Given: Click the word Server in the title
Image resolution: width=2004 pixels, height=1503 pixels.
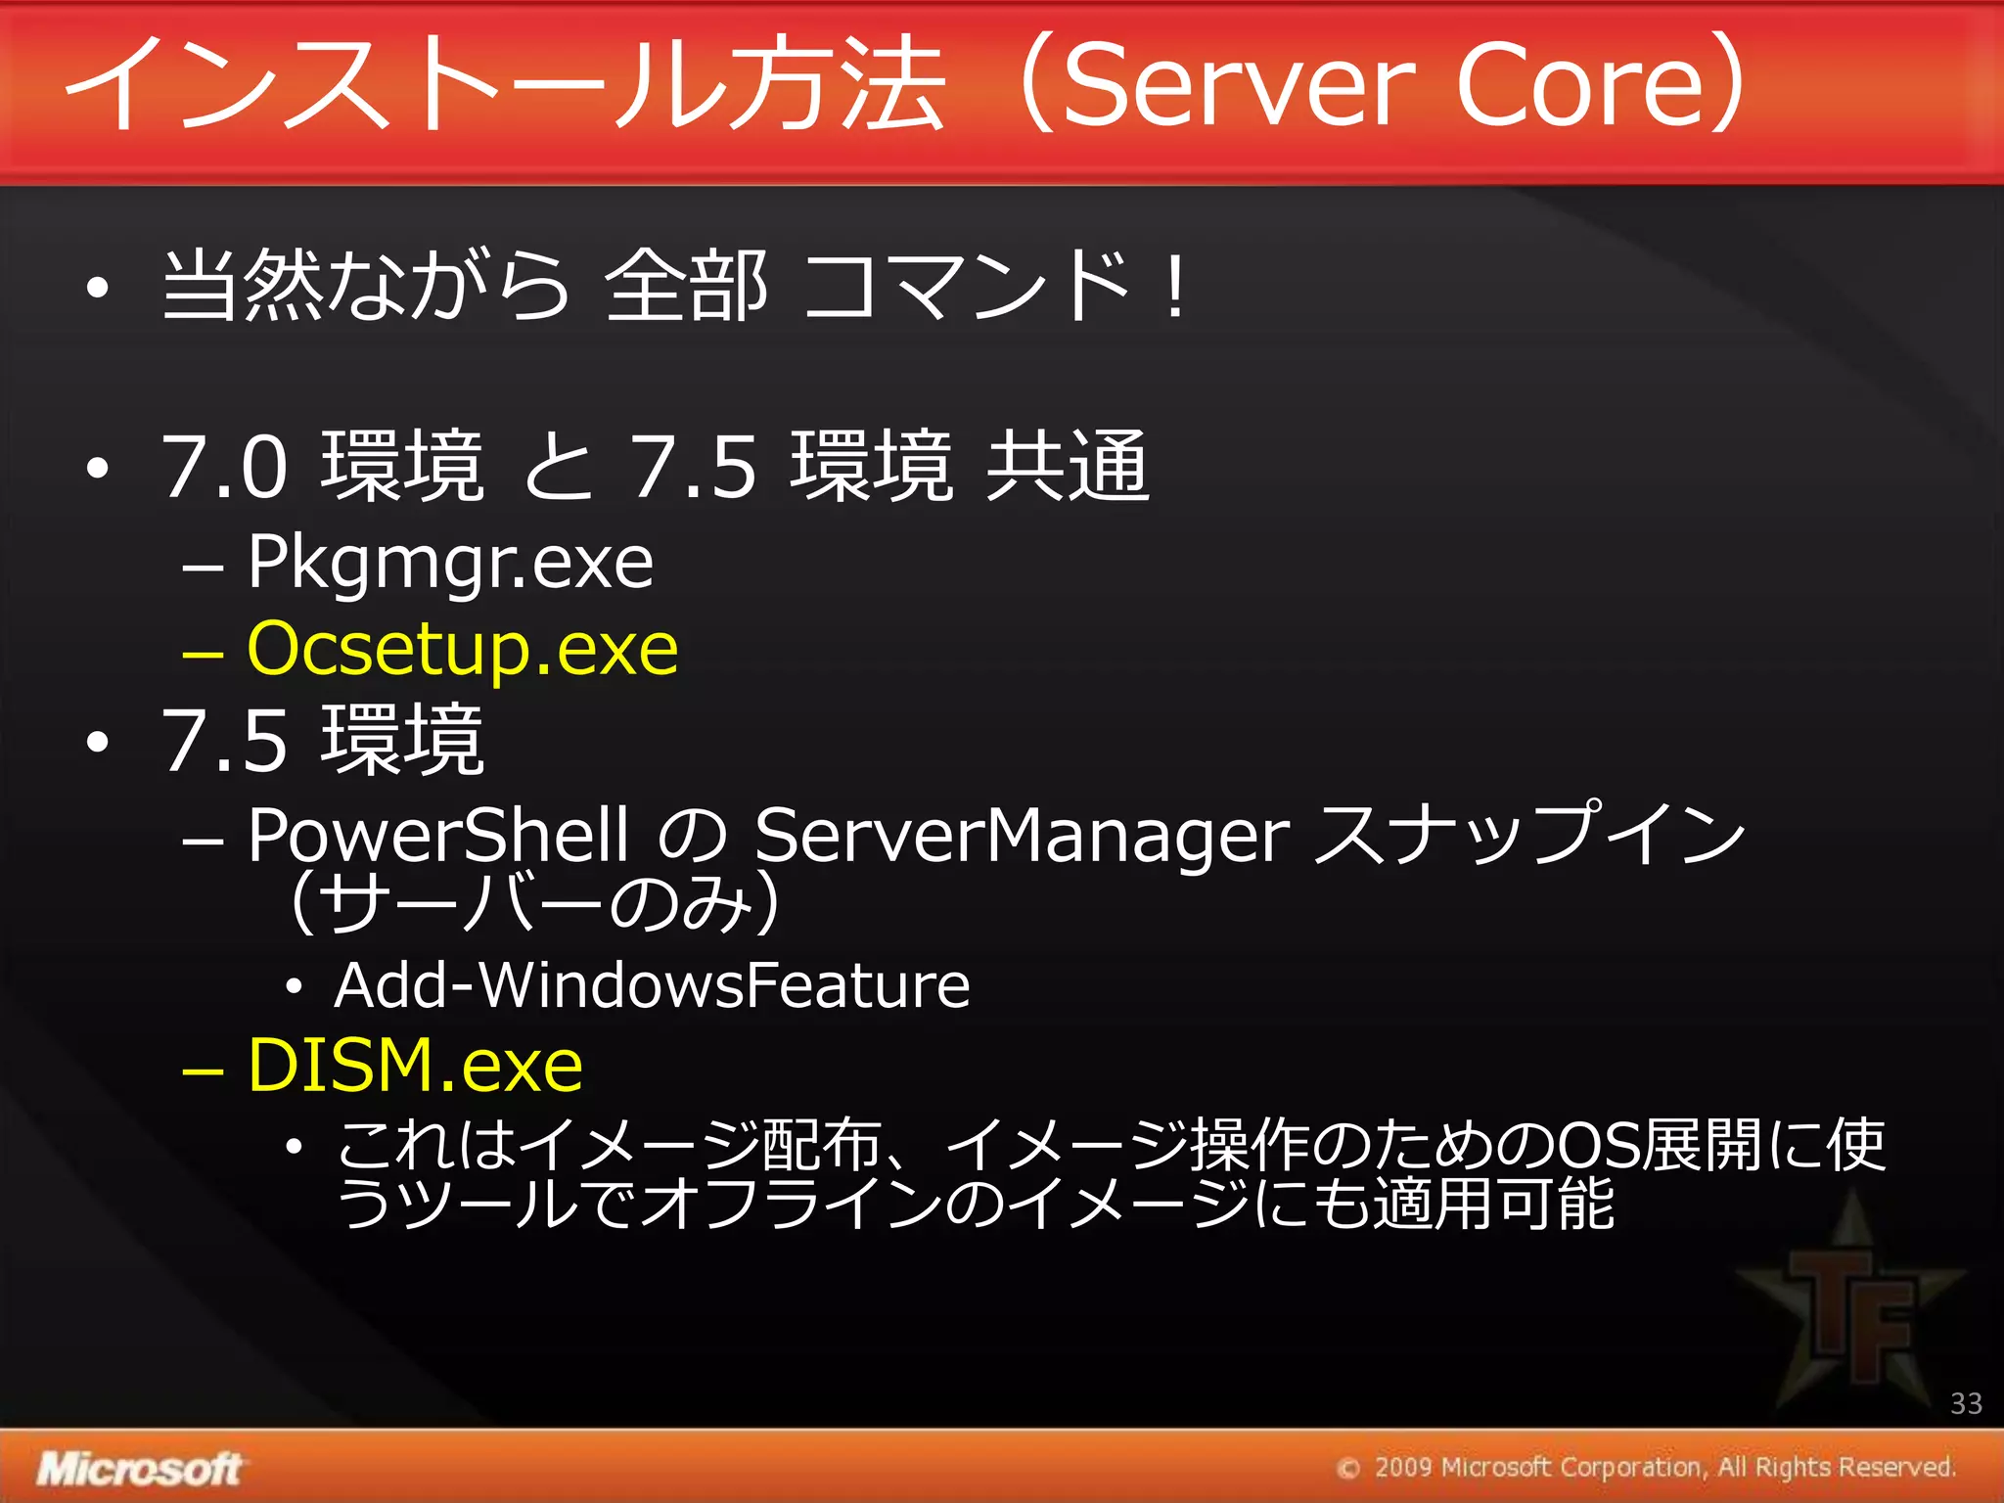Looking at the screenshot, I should (x=1239, y=86).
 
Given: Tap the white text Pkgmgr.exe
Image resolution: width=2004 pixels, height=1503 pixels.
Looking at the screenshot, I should (x=450, y=565).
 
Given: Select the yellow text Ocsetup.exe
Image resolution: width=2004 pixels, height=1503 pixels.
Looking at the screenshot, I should (x=462, y=650).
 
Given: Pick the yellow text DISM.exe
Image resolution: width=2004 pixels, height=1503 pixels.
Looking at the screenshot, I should (x=415, y=1066).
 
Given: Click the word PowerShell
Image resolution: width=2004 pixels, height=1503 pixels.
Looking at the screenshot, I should (x=437, y=837).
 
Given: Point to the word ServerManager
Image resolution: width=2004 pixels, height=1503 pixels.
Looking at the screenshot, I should (x=1022, y=837).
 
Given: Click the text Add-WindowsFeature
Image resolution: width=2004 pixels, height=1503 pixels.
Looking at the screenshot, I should (x=652, y=985).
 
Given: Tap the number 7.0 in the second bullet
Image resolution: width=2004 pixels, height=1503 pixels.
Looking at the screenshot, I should (x=225, y=468).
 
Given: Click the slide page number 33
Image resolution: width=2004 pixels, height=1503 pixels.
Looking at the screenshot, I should (x=1966, y=1404).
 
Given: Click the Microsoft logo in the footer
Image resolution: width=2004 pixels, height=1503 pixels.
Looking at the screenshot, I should (x=139, y=1469).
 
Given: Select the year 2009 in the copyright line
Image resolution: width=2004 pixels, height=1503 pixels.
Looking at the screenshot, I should (x=1402, y=1468).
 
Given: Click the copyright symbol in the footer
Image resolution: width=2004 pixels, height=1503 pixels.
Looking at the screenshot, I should (x=1348, y=1469).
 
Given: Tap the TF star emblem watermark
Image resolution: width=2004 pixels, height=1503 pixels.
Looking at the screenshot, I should (x=1850, y=1301).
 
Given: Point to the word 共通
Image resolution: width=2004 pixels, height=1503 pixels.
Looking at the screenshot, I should (x=1067, y=468).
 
